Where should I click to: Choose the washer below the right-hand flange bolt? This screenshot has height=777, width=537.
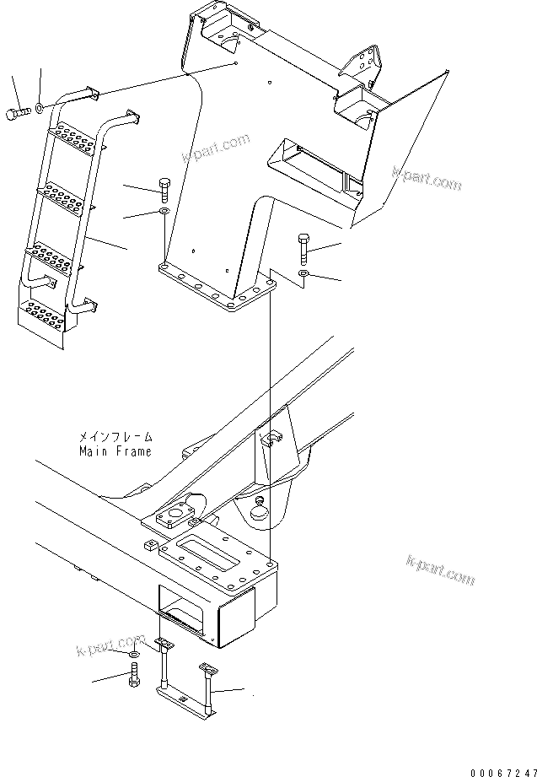click(304, 275)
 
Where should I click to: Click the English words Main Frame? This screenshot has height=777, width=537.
click(115, 451)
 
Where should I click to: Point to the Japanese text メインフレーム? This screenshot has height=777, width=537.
click(115, 438)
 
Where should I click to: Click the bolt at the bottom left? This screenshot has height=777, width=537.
click(134, 677)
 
